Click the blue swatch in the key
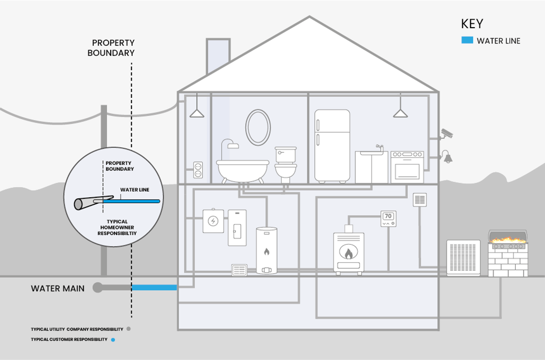[x=467, y=40]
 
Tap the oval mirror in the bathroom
[x=258, y=128]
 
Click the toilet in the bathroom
[x=286, y=164]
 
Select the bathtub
[x=242, y=170]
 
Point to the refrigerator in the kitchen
[x=332, y=146]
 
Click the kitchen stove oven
[x=407, y=167]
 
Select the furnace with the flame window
[x=348, y=252]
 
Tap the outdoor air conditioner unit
[x=463, y=258]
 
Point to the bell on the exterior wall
[x=447, y=157]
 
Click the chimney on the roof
[x=218, y=56]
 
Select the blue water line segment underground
[x=154, y=287]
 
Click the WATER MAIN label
[x=58, y=289]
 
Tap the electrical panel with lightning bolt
[x=213, y=221]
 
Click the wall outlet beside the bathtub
[x=198, y=169]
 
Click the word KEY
[x=472, y=24]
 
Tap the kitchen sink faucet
[x=379, y=147]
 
